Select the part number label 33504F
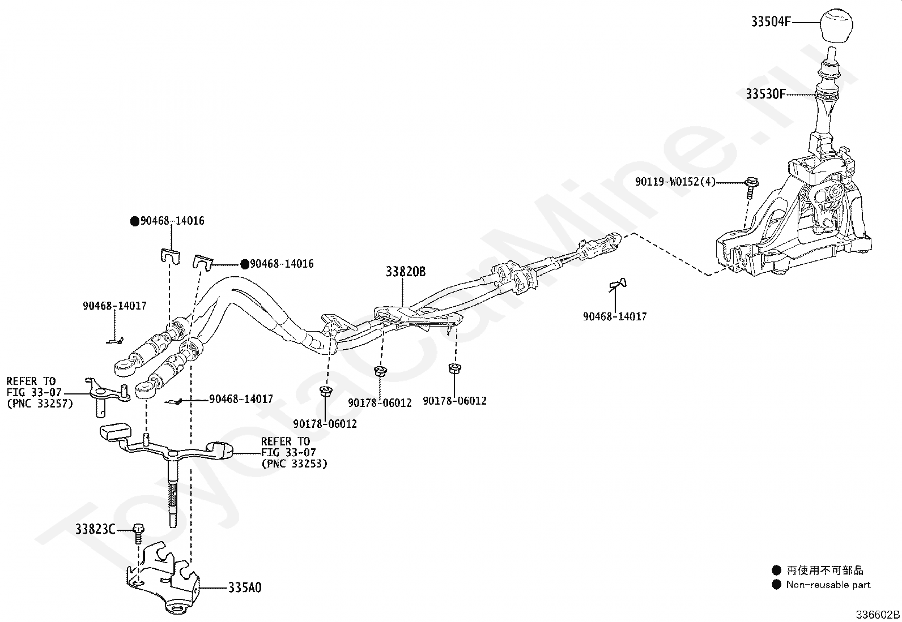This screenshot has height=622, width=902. tap(770, 22)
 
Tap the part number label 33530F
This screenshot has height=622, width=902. tap(765, 94)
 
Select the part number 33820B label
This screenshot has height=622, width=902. tap(405, 272)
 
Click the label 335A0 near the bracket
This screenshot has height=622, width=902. tap(245, 587)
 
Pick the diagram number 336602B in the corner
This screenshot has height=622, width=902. tap(878, 615)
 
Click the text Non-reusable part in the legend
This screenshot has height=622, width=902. tap(828, 585)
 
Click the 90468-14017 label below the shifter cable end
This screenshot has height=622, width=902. tap(615, 316)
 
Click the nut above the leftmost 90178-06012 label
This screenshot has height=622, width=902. tap(325, 391)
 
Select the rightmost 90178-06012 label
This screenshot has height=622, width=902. tap(454, 401)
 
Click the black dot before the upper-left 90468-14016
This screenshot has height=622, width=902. tap(135, 221)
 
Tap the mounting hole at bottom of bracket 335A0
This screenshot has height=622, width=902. tap(177, 610)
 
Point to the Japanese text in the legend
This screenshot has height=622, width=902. tap(824, 570)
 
